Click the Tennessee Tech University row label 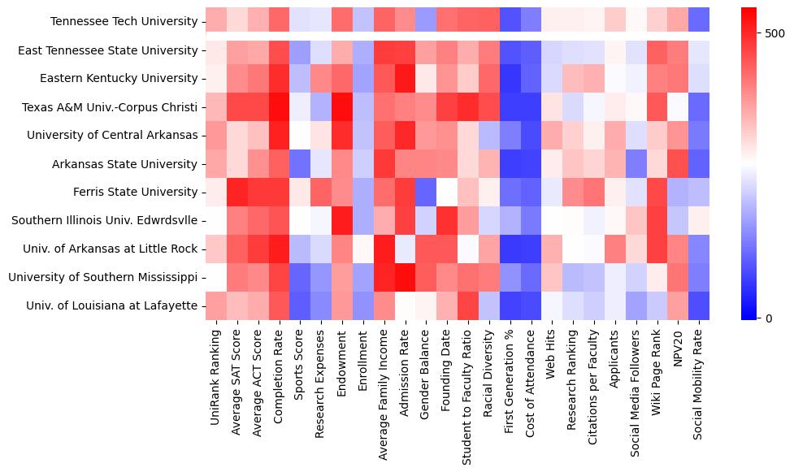tap(124, 22)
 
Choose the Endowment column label tap(342, 362)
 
